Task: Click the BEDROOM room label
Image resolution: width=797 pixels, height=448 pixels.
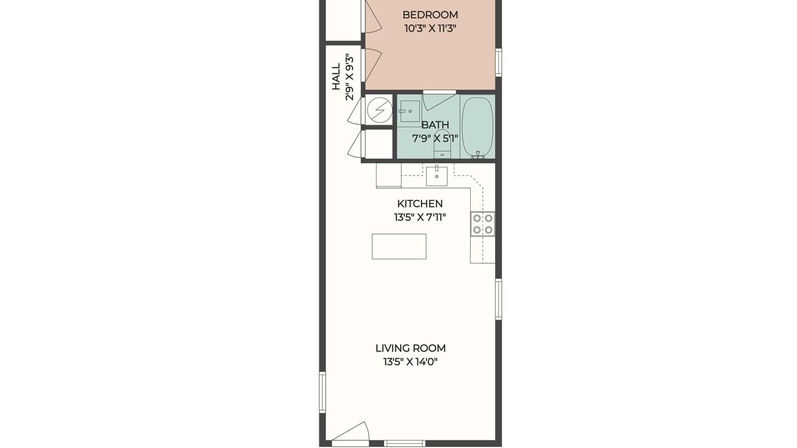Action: tap(430, 15)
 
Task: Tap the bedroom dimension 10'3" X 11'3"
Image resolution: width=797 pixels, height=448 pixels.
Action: tap(430, 29)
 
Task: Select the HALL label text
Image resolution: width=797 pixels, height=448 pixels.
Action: tap(336, 77)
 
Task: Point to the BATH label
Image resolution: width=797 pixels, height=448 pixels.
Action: tap(435, 125)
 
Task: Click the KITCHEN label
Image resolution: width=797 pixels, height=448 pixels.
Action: tap(420, 203)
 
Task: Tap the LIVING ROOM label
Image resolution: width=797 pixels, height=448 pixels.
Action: tap(410, 348)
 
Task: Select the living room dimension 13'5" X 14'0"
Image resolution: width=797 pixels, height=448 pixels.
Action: tap(410, 362)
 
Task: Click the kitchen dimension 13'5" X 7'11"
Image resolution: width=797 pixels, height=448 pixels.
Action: tap(420, 217)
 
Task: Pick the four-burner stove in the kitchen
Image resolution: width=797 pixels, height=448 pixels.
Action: tap(483, 224)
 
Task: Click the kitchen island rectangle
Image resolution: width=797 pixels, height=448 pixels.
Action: tap(399, 246)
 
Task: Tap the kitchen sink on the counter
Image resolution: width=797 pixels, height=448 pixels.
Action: tap(437, 175)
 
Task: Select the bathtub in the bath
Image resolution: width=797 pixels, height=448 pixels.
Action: tap(478, 127)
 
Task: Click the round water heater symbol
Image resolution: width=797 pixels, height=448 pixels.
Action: tap(380, 110)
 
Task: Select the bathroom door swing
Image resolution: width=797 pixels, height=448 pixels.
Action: tap(439, 101)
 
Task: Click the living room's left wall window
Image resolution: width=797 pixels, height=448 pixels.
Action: tap(323, 392)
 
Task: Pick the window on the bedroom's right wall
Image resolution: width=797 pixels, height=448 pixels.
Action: tap(499, 62)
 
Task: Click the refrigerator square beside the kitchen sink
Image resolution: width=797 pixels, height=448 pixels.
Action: tap(389, 175)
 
